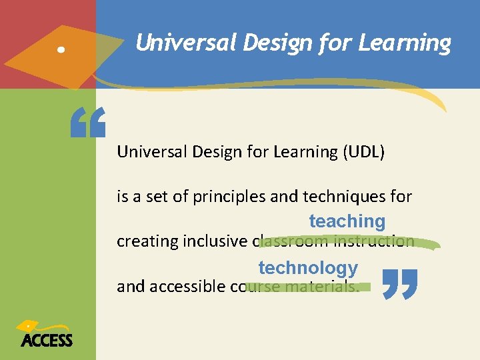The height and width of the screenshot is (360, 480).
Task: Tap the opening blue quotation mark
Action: [x=88, y=124]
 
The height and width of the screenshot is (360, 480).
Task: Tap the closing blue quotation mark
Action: [x=400, y=283]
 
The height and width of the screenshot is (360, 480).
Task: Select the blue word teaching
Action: [x=347, y=221]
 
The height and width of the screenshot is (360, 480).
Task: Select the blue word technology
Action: [x=308, y=268]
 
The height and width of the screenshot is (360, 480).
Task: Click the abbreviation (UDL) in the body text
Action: [x=363, y=152]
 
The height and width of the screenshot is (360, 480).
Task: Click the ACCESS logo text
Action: [x=47, y=341]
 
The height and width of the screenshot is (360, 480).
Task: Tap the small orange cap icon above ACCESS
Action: [x=29, y=326]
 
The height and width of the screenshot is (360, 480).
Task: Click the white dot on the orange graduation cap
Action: [x=61, y=50]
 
